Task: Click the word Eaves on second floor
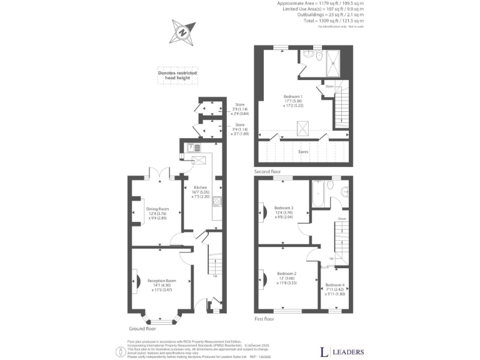point(303,151)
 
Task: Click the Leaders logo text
point(342,352)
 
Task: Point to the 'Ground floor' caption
point(142,328)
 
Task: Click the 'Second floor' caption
point(267,171)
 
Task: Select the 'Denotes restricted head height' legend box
point(177,76)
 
